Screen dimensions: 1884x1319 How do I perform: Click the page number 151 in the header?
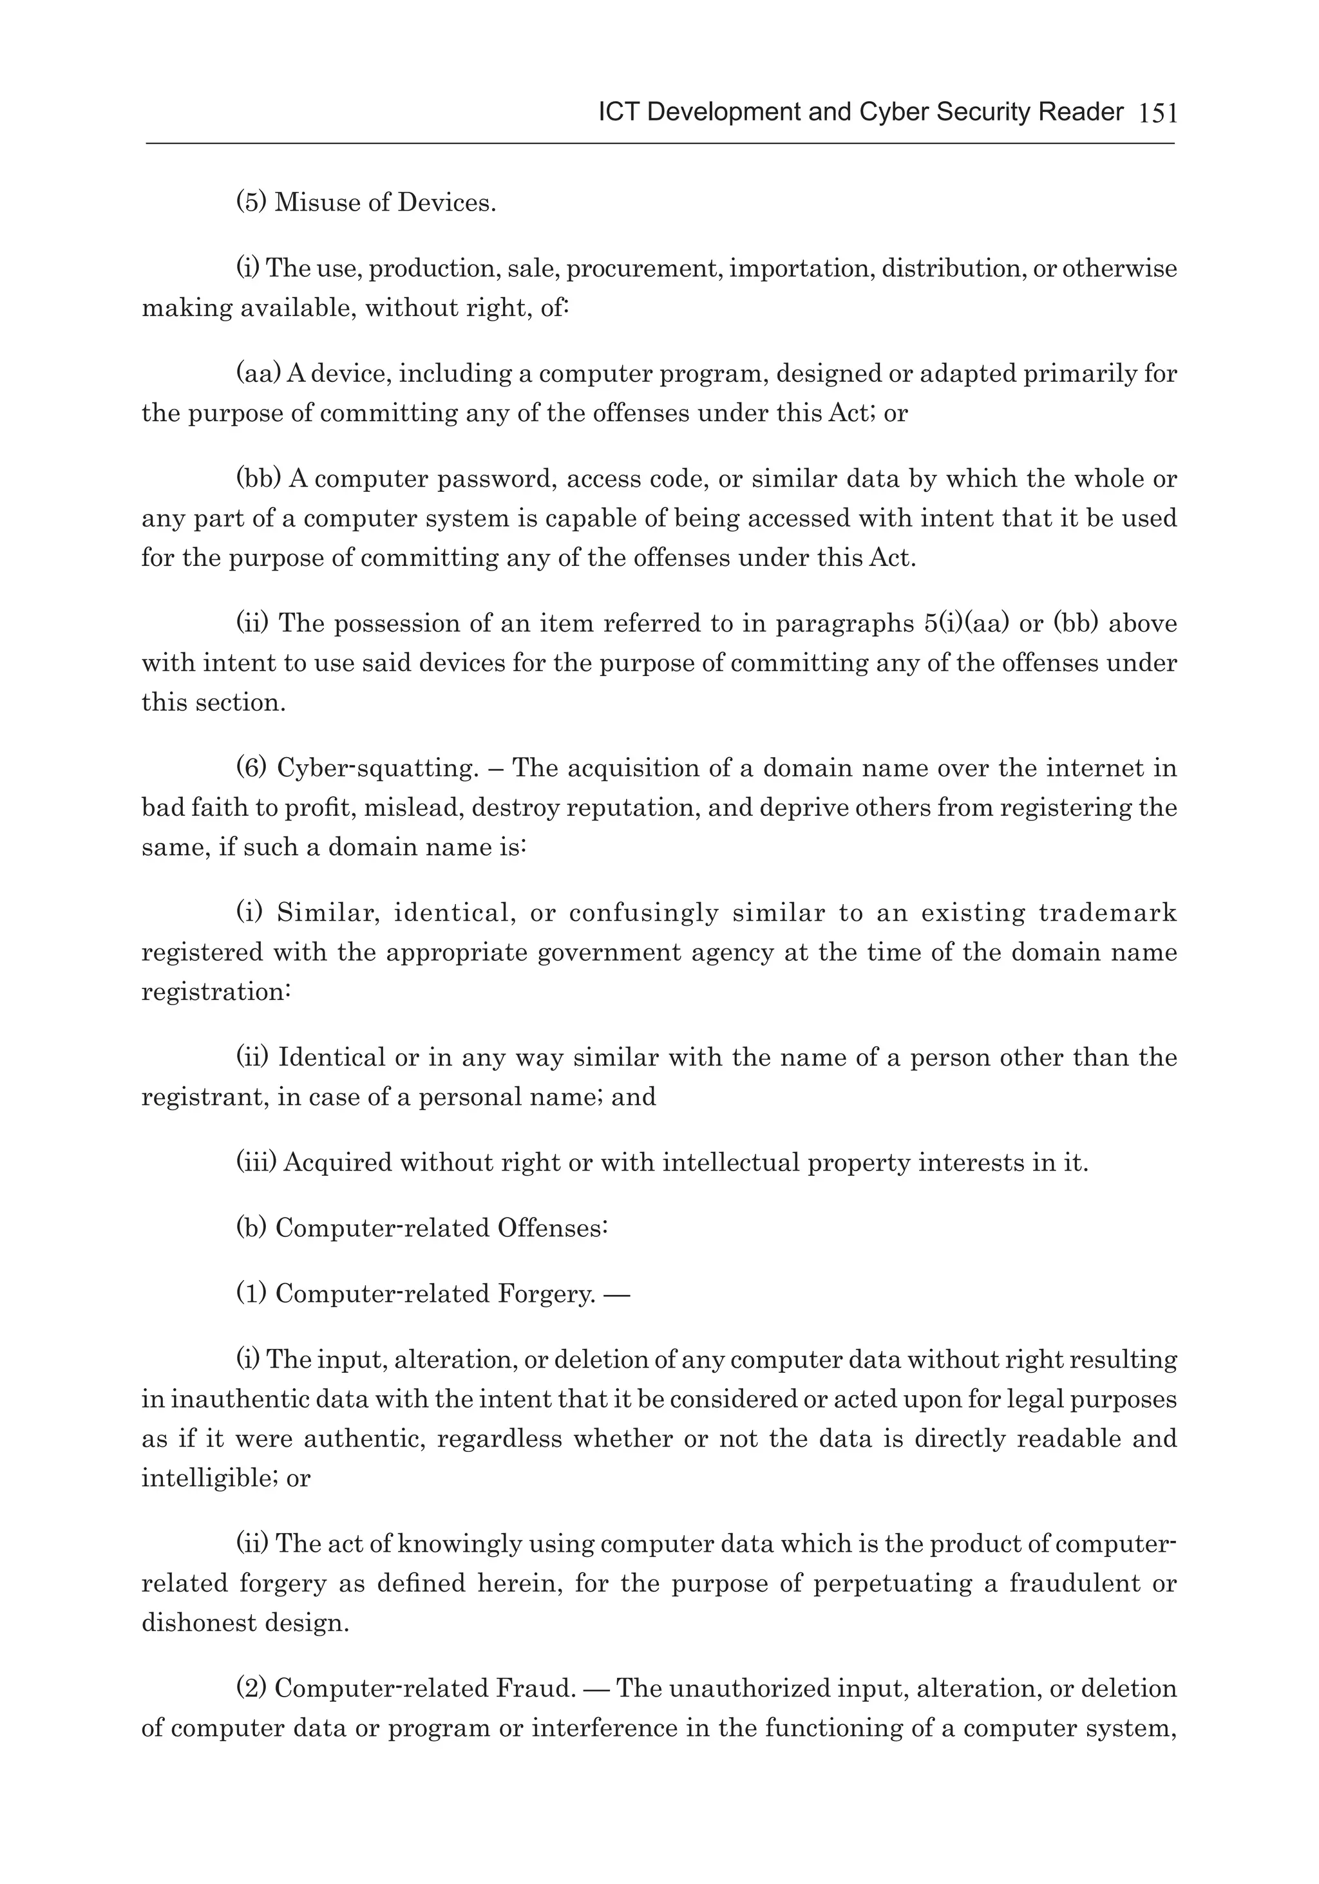1158,113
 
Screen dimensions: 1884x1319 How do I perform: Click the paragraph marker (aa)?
258,373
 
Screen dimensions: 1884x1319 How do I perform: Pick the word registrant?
203,1097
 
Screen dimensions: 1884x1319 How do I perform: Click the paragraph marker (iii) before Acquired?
257,1163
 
